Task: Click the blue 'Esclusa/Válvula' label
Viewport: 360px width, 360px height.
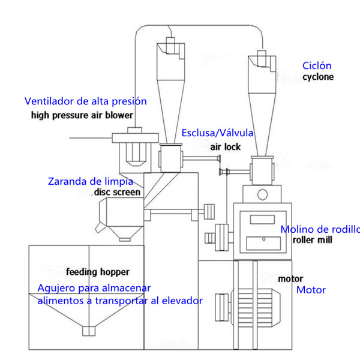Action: pos(217,133)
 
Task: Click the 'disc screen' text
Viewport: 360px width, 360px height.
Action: pos(117,192)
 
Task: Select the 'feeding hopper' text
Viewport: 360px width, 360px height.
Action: pos(98,271)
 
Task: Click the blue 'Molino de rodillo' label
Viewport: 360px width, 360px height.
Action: pos(320,229)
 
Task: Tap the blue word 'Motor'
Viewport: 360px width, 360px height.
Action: pos(311,290)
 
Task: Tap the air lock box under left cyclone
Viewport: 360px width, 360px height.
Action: pos(170,158)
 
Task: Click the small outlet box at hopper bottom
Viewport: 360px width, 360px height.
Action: pos(89,331)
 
